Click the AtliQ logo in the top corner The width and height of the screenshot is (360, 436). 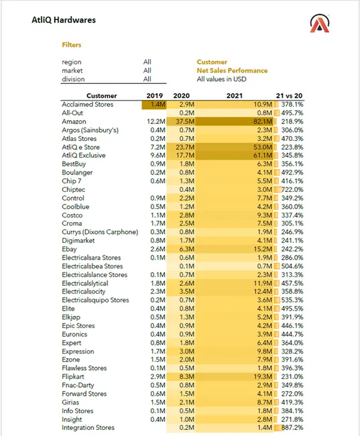coord(320,23)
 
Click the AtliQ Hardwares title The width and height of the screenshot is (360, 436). coord(64,20)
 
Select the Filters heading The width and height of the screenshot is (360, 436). coord(72,45)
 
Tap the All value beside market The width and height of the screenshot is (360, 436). coord(147,70)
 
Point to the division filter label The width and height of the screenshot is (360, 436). coord(73,79)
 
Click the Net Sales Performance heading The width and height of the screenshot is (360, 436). coord(232,70)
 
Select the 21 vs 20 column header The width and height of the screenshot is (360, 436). coord(289,96)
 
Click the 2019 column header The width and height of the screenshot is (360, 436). coord(155,96)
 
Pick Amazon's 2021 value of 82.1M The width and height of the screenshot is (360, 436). coord(263,121)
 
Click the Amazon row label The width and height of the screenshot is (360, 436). coord(74,121)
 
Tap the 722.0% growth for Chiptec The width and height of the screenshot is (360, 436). coord(292,190)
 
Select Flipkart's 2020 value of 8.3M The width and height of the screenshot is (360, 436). coord(187,377)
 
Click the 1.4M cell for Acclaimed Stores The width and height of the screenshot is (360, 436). coord(158,105)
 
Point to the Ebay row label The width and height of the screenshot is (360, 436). coord(69,249)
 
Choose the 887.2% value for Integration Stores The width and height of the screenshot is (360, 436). coord(292,428)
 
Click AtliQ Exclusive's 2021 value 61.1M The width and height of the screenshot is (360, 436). coord(263,156)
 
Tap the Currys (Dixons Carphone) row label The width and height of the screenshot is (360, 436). coord(100,232)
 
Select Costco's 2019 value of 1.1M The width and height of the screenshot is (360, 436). coord(158,215)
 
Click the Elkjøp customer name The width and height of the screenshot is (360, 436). coord(71,317)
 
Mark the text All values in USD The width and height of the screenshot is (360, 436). coord(221,79)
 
